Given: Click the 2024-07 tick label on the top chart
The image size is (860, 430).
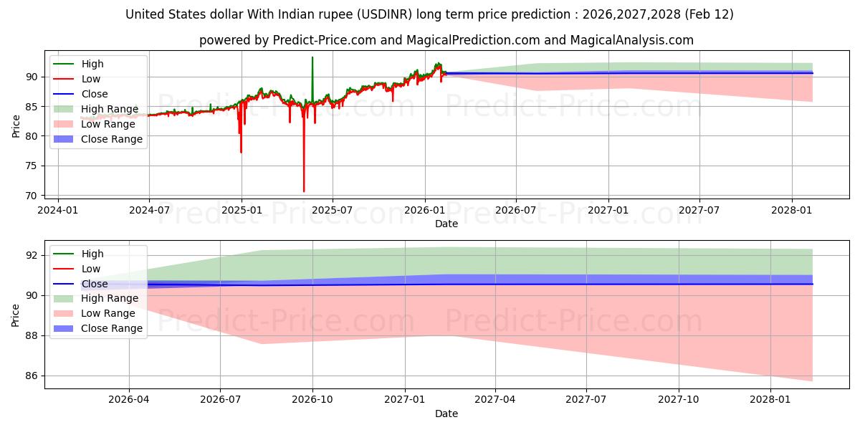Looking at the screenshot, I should [149, 210].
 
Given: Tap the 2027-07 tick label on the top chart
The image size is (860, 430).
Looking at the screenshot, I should [699, 210].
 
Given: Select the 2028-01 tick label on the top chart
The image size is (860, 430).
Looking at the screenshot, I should [791, 210].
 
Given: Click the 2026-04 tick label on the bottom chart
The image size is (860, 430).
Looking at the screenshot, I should [129, 400].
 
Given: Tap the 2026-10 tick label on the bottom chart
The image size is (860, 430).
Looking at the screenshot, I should [313, 400].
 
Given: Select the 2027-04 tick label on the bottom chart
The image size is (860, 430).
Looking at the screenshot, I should [495, 400].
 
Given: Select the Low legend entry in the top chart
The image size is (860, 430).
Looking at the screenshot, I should [91, 79].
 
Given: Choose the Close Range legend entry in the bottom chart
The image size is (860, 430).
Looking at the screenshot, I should [112, 328].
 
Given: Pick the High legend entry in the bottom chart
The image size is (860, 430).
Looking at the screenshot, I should [92, 254].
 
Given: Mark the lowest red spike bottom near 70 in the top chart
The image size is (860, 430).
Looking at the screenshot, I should [304, 191].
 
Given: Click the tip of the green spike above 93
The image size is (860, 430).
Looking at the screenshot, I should [312, 57].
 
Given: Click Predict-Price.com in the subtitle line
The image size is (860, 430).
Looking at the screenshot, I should [325, 40].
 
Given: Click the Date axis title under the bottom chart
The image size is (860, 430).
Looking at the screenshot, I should [446, 414].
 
